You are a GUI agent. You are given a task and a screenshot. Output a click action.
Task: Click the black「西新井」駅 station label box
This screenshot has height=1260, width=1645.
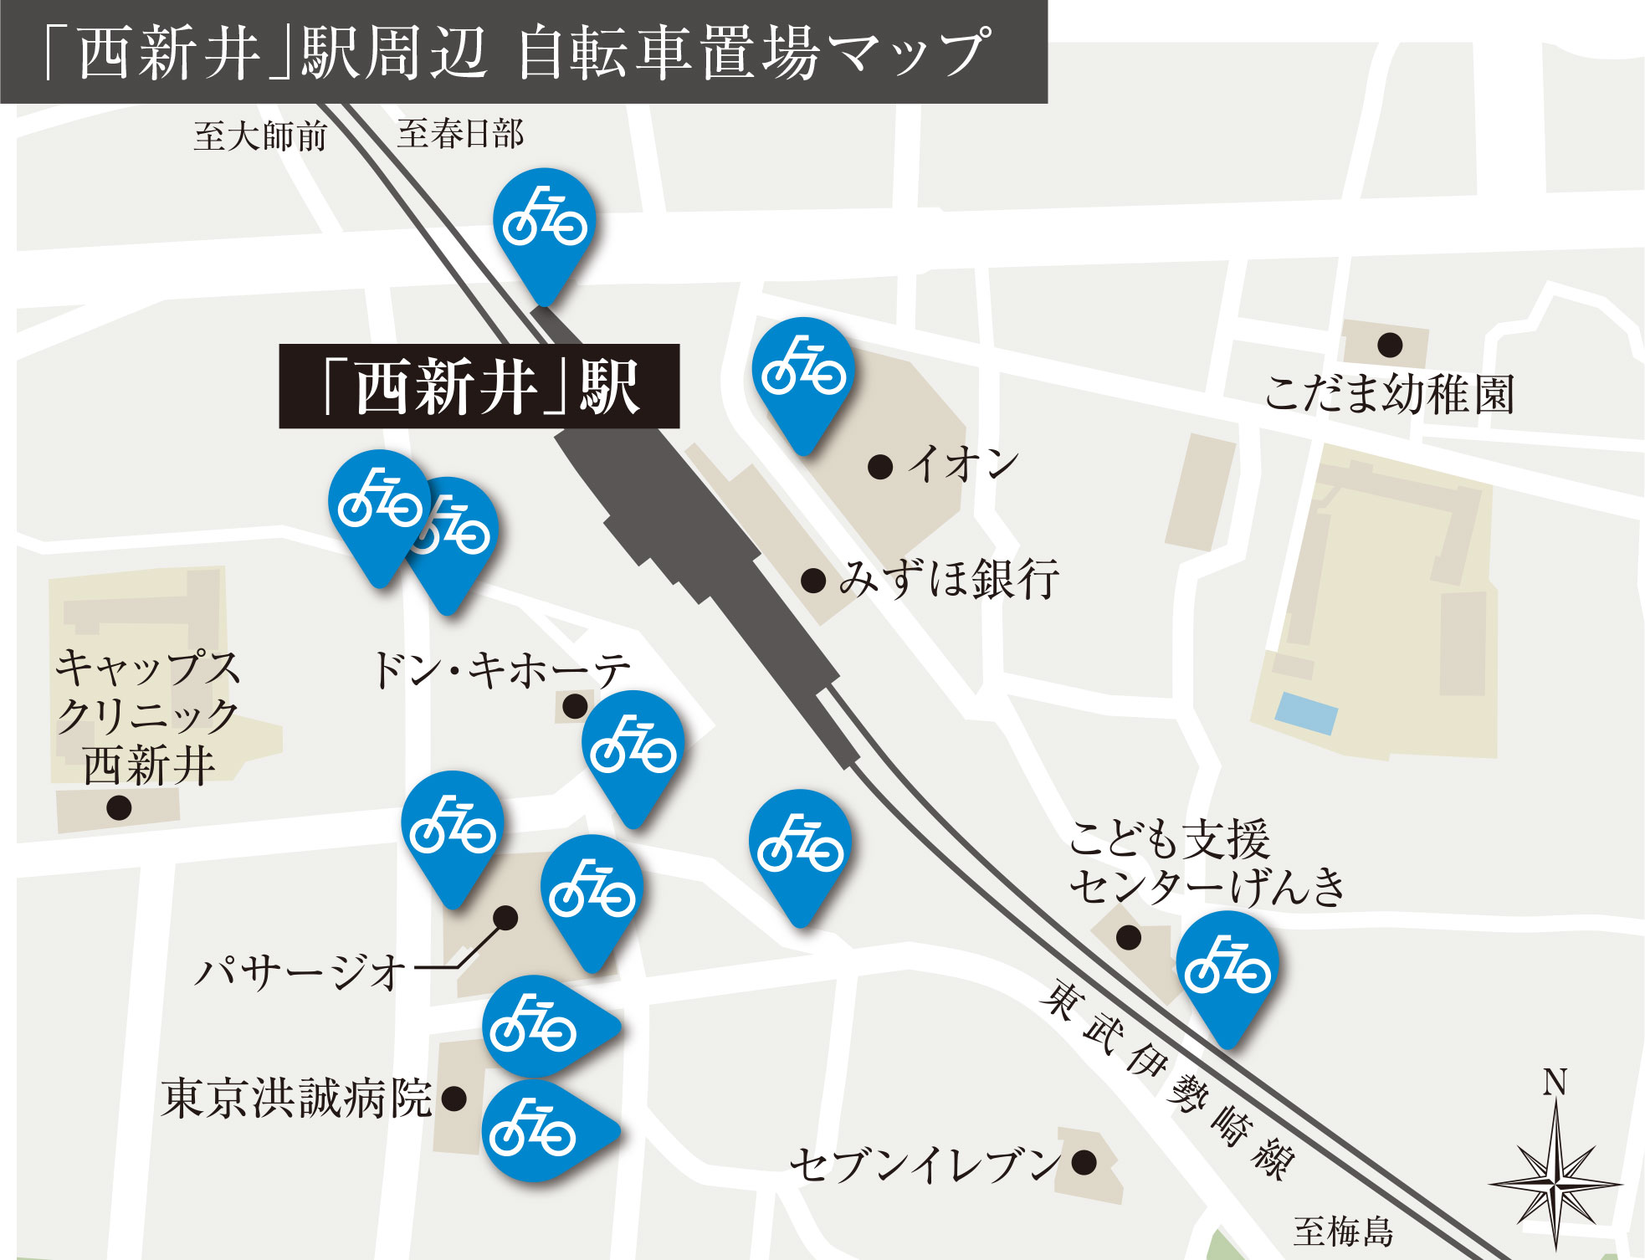[479, 387]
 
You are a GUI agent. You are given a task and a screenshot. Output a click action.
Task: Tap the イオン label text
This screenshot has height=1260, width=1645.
[964, 464]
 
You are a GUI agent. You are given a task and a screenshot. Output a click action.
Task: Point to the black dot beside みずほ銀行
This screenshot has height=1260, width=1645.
[813, 581]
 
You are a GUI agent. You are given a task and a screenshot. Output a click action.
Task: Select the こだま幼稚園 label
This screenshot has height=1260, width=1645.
[1389, 394]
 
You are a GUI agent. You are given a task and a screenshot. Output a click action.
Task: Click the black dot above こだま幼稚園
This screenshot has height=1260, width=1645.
[1390, 344]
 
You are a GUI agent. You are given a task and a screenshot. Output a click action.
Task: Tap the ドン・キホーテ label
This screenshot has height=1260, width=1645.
[500, 670]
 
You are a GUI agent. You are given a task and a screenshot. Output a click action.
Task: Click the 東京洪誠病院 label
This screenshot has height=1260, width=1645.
[296, 1099]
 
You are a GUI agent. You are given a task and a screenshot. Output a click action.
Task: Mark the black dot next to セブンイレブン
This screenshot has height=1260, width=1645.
[1084, 1161]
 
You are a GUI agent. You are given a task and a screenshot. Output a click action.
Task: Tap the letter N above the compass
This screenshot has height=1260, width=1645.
[1555, 1083]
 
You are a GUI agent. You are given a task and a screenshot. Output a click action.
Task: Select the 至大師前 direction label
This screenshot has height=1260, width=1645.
[260, 136]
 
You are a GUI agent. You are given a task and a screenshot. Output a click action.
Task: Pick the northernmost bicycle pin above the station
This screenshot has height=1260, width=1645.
[545, 223]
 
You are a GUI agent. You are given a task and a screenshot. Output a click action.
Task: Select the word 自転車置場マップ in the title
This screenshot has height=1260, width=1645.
[753, 53]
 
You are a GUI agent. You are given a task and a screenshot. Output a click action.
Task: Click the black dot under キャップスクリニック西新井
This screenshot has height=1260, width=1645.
[119, 808]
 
